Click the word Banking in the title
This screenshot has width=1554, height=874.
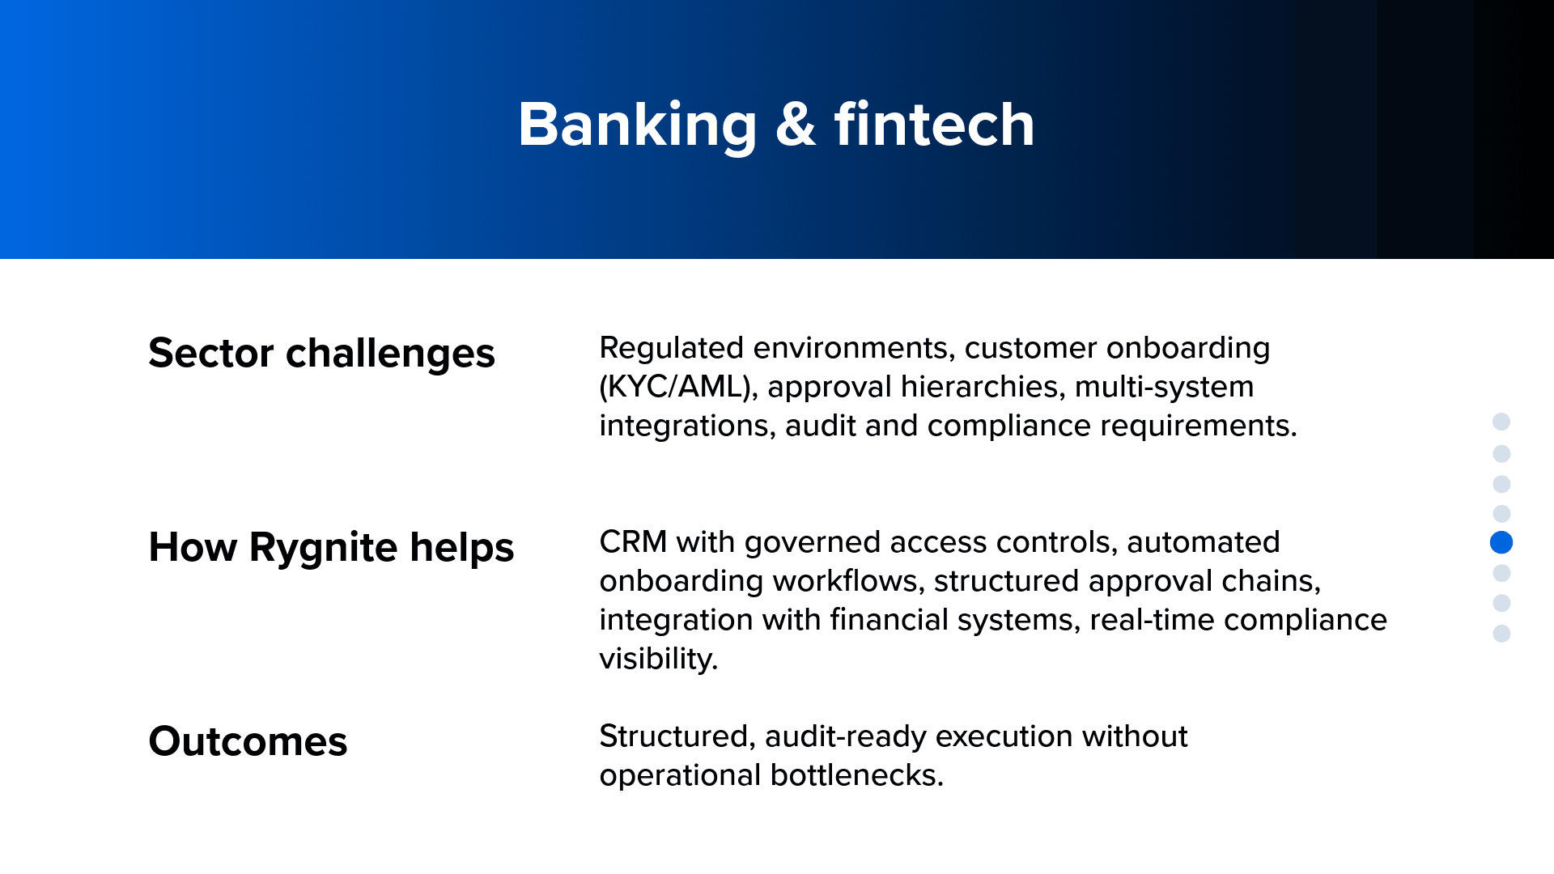coord(638,125)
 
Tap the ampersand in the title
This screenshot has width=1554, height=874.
coord(796,125)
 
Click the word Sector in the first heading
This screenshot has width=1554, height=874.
coord(211,354)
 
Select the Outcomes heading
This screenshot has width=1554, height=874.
coord(248,742)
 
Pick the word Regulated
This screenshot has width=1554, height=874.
coord(671,349)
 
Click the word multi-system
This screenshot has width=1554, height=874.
coord(1164,388)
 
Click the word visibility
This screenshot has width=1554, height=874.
coord(658,660)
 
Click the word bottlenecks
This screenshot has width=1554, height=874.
coord(856,775)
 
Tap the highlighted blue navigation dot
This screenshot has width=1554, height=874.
coord(1501,542)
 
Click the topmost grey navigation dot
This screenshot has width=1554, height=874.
coord(1501,422)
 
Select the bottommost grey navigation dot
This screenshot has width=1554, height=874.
coord(1501,634)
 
